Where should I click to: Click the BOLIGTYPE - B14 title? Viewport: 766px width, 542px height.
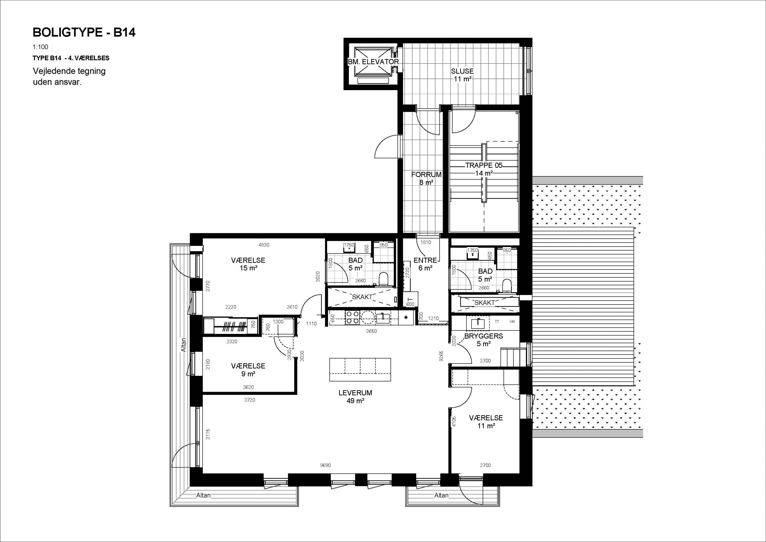coord(84,32)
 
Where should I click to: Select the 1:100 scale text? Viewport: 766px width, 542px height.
coord(40,47)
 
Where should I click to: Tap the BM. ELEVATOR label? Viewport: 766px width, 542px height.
coord(373,62)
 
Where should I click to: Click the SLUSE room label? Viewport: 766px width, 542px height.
coord(462,71)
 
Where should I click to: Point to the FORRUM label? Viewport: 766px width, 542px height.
coord(426,174)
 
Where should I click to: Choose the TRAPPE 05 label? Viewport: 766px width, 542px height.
coord(484,165)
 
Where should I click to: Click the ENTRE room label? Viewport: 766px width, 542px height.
coord(425,260)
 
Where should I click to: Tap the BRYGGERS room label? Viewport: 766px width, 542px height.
coord(484,336)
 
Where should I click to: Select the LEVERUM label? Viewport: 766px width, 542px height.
coord(355,393)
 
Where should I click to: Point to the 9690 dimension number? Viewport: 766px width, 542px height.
coord(325,465)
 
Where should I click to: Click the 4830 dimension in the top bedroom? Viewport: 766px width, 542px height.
coord(264,245)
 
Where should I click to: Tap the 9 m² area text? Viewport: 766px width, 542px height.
coord(248,374)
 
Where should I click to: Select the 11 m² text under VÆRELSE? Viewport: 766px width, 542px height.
coord(486,426)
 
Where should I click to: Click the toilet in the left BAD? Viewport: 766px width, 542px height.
coord(384,279)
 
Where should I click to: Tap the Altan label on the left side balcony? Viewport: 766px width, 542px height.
coord(183,345)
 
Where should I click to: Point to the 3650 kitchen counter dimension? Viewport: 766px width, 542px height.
coord(371,331)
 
